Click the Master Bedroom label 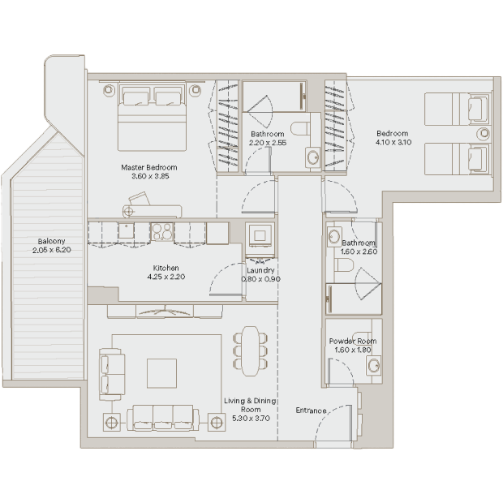tap(149, 167)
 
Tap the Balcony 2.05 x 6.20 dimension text tap(51, 250)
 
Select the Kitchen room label tap(166, 268)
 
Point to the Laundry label tap(260, 270)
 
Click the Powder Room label tap(353, 341)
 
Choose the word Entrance tap(311, 411)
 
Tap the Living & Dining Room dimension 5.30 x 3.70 tap(251, 419)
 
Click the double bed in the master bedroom tap(152, 117)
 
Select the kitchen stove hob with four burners tap(162, 231)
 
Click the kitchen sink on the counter tap(126, 230)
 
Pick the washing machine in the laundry tap(260, 236)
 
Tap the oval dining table tap(250, 351)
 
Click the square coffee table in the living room tap(161, 373)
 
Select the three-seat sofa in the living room tap(163, 417)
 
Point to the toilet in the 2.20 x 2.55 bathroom tap(301, 128)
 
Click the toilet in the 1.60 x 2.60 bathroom tap(344, 265)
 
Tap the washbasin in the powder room tap(374, 365)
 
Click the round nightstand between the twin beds tap(484, 133)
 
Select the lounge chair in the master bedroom tap(151, 207)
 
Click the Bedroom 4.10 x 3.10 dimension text tap(393, 143)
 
